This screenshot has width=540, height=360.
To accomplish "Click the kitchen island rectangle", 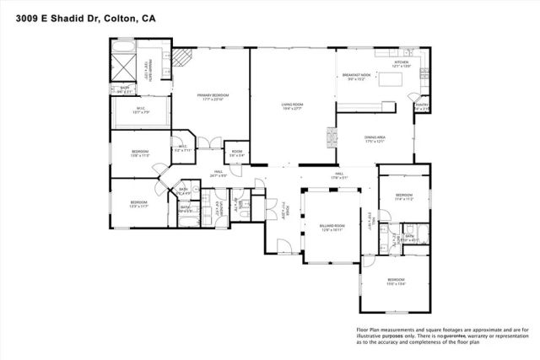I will [389, 80].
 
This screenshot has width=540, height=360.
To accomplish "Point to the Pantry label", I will [421, 106].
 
